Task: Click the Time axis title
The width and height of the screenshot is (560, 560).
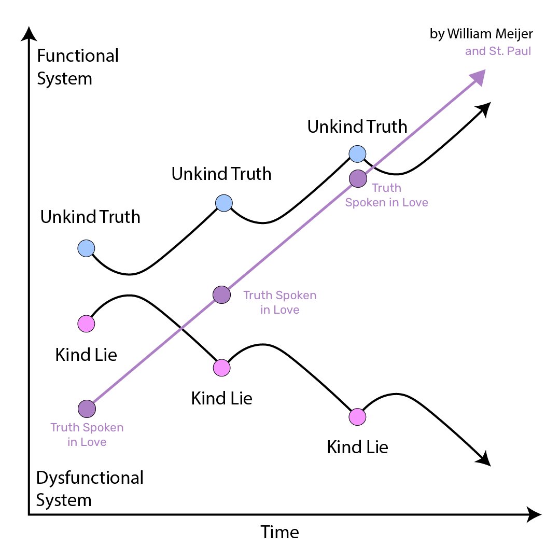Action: tap(279, 532)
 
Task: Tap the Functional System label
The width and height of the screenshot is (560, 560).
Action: tap(78, 67)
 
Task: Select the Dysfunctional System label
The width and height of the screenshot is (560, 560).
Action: tap(90, 488)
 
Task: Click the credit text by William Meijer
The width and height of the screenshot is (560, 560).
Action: tap(481, 34)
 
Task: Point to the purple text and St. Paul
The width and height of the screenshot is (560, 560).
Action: tap(498, 51)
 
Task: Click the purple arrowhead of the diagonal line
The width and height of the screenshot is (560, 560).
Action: tap(478, 77)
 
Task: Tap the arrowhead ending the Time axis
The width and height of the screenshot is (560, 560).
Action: tap(534, 515)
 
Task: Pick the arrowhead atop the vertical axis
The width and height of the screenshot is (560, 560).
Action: tap(29, 34)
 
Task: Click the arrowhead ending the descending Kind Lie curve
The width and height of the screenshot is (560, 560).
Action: tap(484, 459)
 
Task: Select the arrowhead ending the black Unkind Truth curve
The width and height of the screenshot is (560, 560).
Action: tap(484, 109)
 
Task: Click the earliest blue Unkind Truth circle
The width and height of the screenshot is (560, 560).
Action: tap(86, 248)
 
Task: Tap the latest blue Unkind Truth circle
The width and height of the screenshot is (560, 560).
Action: tap(357, 154)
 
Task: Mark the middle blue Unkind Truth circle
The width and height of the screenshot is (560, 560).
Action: tap(224, 203)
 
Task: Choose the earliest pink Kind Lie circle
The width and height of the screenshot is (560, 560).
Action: tap(86, 324)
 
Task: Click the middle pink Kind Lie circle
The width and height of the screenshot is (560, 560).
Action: tap(222, 368)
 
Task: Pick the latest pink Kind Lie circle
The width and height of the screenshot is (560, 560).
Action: tap(357, 417)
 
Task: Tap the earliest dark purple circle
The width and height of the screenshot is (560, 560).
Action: tap(87, 409)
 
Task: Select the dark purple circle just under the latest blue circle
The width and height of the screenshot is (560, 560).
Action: tap(358, 178)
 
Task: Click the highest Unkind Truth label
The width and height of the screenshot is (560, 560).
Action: tap(357, 127)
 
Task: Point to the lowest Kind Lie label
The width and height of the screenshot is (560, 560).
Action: tap(357, 447)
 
